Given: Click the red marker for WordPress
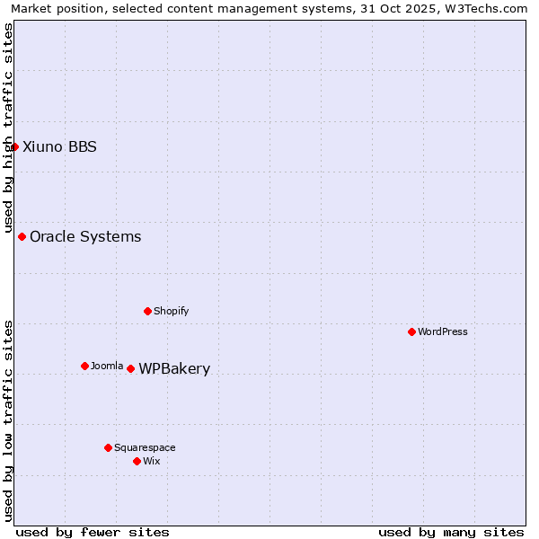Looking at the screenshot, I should pyautogui.click(x=411, y=331).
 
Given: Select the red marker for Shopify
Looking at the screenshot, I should pyautogui.click(x=147, y=311).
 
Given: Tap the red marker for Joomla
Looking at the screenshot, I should pyautogui.click(x=84, y=366).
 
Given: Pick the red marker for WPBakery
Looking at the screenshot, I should pyautogui.click(x=130, y=368).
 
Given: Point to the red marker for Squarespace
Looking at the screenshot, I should pyautogui.click(x=108, y=447).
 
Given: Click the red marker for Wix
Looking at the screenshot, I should pyautogui.click(x=137, y=461).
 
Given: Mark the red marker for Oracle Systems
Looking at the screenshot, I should pyautogui.click(x=22, y=236).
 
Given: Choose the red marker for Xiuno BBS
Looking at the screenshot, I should pyautogui.click(x=14, y=146).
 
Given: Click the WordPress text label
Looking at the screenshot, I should pyautogui.click(x=443, y=331).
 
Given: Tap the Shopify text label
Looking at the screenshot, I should pyautogui.click(x=171, y=311).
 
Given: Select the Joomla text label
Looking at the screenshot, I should pyautogui.click(x=107, y=366).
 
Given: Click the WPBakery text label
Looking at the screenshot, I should pyautogui.click(x=174, y=369).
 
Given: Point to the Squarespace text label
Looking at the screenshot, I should pyautogui.click(x=145, y=447).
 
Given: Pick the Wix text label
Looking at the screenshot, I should pyautogui.click(x=152, y=461).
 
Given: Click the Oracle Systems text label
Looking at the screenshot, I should pyautogui.click(x=85, y=237).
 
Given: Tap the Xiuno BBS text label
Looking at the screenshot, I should pyautogui.click(x=59, y=147).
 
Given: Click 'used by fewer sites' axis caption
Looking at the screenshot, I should pyautogui.click(x=93, y=532).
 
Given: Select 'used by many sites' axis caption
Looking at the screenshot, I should pyautogui.click(x=451, y=532).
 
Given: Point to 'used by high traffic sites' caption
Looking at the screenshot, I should pyautogui.click(x=8, y=128).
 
